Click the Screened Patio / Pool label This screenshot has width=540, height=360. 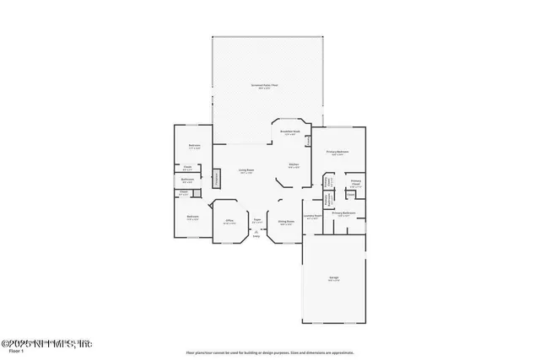coord(266,86)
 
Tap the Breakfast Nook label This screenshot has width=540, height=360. coord(292,132)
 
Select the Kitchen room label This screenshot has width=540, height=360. coord(294,165)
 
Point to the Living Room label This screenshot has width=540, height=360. coord(246,171)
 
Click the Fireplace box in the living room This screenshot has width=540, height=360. coord(216,178)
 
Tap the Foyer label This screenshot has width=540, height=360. coord(257,221)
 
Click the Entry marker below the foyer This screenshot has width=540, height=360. coord(256,234)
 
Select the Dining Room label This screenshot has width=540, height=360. coord(285,222)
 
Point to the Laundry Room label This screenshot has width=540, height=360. coord(313,216)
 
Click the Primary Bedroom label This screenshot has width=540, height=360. coord(337,153)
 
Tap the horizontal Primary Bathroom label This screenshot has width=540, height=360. coord(343,213)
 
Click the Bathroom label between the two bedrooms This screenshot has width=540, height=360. coord(187,179)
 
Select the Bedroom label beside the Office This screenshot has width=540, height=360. coord(192,216)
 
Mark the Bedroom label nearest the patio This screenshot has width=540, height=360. coord(194,147)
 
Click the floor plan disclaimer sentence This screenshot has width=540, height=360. coord(269,352)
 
